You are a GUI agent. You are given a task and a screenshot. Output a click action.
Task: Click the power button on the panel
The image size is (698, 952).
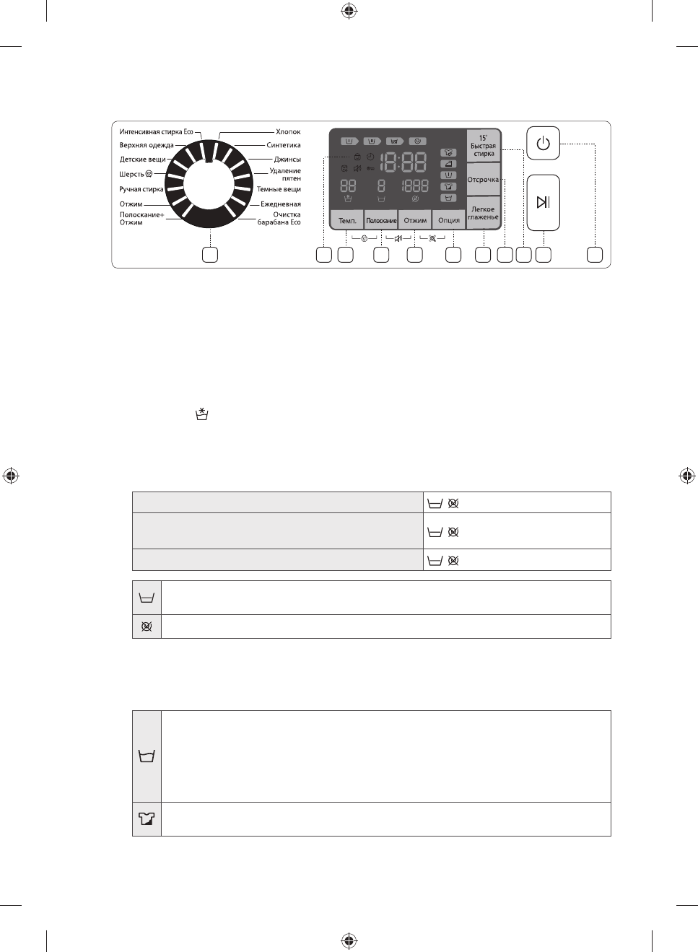[543, 143]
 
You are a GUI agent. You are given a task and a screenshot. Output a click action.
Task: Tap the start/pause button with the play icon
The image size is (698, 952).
[543, 202]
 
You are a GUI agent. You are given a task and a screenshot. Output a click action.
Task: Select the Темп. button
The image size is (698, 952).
[347, 220]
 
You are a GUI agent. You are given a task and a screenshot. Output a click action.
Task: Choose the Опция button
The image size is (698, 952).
[449, 220]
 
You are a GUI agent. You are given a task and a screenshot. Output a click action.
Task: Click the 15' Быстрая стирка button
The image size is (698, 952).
[484, 146]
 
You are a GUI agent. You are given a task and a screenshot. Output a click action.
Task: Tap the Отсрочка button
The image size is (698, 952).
[483, 180]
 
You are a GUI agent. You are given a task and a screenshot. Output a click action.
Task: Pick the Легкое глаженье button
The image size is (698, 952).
[483, 213]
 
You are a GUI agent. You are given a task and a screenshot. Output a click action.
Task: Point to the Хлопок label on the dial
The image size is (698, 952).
[288, 132]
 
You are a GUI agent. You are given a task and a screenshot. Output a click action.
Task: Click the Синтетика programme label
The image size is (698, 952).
[284, 145]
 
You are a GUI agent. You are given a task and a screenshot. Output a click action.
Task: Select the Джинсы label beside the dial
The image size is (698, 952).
[287, 160]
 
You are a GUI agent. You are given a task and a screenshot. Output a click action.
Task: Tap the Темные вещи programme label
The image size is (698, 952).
[279, 189]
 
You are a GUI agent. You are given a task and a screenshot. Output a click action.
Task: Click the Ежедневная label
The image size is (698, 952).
[281, 204]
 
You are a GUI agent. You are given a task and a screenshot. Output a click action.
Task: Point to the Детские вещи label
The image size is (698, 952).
[142, 160]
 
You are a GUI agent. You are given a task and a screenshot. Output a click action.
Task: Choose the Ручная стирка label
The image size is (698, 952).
[141, 189]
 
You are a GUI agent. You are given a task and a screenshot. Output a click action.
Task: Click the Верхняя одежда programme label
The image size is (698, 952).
[146, 145]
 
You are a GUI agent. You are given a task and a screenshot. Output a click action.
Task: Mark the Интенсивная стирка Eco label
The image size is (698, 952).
[156, 132]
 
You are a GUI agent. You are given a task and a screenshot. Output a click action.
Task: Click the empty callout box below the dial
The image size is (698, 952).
[210, 255]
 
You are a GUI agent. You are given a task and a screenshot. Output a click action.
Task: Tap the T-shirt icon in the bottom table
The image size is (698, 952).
[147, 819]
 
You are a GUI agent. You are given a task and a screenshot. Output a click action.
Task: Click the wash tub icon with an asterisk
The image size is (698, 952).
[202, 414]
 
